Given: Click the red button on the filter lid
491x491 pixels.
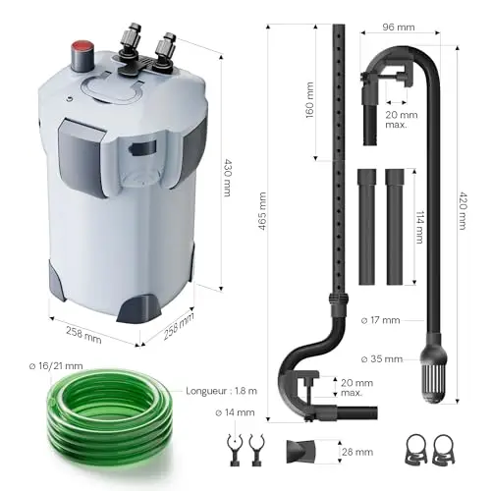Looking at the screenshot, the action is click(x=82, y=45).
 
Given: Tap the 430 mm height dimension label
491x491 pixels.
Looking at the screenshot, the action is click(x=227, y=178).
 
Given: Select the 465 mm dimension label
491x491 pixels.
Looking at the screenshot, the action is click(x=262, y=211).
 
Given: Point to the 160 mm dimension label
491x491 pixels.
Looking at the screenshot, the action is click(x=309, y=100).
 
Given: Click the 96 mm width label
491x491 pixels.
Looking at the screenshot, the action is click(x=399, y=27).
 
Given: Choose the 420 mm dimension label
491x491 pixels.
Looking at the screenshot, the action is click(x=464, y=211).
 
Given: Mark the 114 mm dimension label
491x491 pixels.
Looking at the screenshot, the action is click(x=419, y=227).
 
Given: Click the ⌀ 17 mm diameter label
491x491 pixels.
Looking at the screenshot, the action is click(x=380, y=320).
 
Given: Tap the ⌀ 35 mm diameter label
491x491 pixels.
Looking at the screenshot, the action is click(x=382, y=359).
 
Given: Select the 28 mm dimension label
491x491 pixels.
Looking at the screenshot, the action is click(x=357, y=452).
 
